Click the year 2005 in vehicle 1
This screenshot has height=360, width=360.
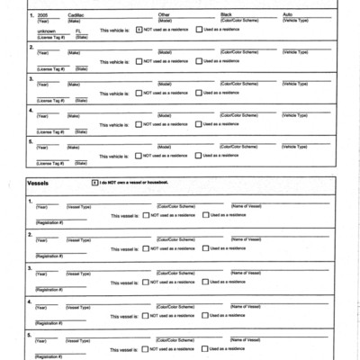[42, 15]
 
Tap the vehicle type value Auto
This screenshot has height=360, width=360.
[288, 15]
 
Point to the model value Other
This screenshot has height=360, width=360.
[164, 15]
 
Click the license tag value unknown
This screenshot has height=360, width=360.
[46, 31]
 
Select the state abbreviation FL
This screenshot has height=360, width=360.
[79, 31]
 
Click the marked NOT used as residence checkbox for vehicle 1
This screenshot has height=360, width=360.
[139, 30]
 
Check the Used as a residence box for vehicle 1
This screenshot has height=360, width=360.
[199, 30]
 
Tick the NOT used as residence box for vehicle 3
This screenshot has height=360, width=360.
[139, 93]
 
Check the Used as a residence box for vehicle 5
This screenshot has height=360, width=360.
[199, 156]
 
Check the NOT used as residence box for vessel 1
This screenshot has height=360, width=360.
[145, 215]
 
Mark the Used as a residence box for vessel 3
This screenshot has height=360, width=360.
[205, 281]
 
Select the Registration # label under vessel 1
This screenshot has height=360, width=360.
[49, 222]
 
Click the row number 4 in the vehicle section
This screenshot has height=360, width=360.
[31, 110]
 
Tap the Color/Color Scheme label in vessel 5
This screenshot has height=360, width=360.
[175, 340]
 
